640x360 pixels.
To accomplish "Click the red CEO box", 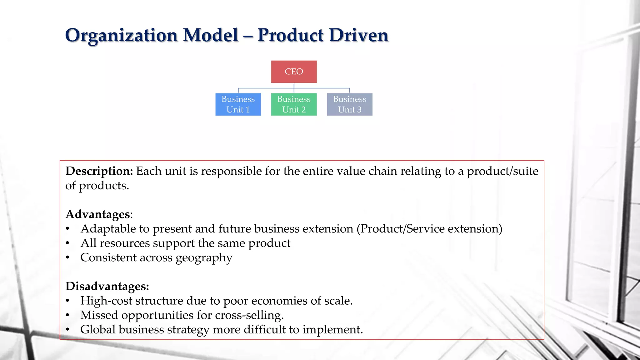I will click(294, 72).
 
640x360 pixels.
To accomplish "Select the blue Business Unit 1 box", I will click(238, 104).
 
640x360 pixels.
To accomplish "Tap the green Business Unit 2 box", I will click(294, 104).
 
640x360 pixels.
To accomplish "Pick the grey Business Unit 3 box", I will click(349, 104).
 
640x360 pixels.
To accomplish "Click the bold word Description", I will click(99, 171).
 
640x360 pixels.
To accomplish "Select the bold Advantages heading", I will click(97, 214).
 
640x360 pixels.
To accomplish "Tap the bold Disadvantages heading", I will click(107, 286).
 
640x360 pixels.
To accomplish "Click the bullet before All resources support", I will click(67, 243).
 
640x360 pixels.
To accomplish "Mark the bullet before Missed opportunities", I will click(67, 315).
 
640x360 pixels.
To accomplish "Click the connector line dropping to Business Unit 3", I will click(349, 90).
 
